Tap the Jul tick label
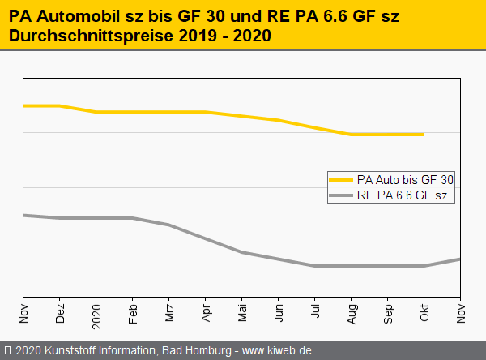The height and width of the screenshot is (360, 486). point(315,313)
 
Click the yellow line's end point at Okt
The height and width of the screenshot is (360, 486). point(424,135)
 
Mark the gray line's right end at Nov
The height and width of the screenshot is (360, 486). point(460,259)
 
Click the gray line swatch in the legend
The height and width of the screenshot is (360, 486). point(341,195)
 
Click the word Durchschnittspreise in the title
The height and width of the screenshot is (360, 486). point(87,36)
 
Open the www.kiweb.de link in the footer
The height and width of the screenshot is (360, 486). point(277,351)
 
